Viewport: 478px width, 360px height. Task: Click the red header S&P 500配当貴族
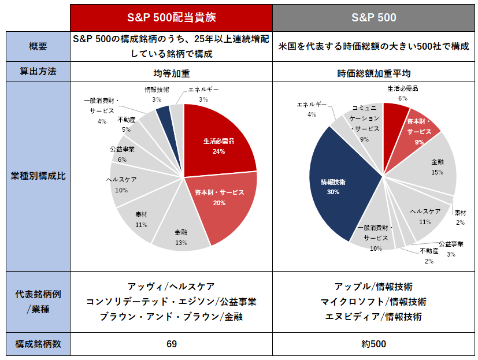171,18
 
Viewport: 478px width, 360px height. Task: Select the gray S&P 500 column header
374,18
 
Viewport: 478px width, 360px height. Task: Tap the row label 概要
38,46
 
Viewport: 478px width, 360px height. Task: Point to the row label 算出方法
38,71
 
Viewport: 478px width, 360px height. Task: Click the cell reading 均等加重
172,73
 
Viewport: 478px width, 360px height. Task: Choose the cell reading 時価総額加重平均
374,73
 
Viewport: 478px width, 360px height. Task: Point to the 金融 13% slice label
181,237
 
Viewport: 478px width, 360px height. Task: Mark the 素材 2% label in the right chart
460,217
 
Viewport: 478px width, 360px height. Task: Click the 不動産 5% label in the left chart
127,124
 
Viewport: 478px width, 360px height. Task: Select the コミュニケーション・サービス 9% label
365,124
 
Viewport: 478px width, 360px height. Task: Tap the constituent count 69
172,344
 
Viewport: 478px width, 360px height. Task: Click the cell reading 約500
374,344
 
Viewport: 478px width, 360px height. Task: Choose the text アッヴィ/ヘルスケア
171,287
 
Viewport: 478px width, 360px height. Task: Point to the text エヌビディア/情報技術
374,317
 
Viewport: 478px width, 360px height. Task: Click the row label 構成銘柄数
38,344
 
